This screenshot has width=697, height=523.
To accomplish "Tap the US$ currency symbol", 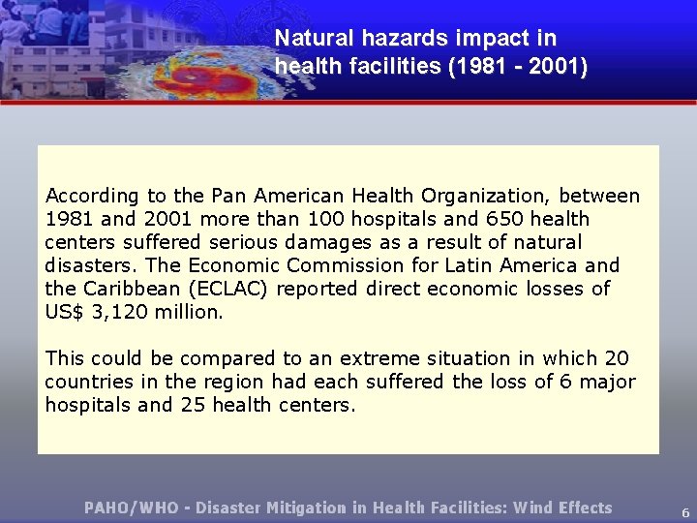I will click(x=64, y=312).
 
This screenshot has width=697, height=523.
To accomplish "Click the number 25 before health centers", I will click(x=192, y=405).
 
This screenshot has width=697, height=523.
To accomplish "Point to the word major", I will click(x=609, y=382).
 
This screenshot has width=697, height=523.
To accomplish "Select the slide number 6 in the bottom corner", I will click(x=685, y=512).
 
